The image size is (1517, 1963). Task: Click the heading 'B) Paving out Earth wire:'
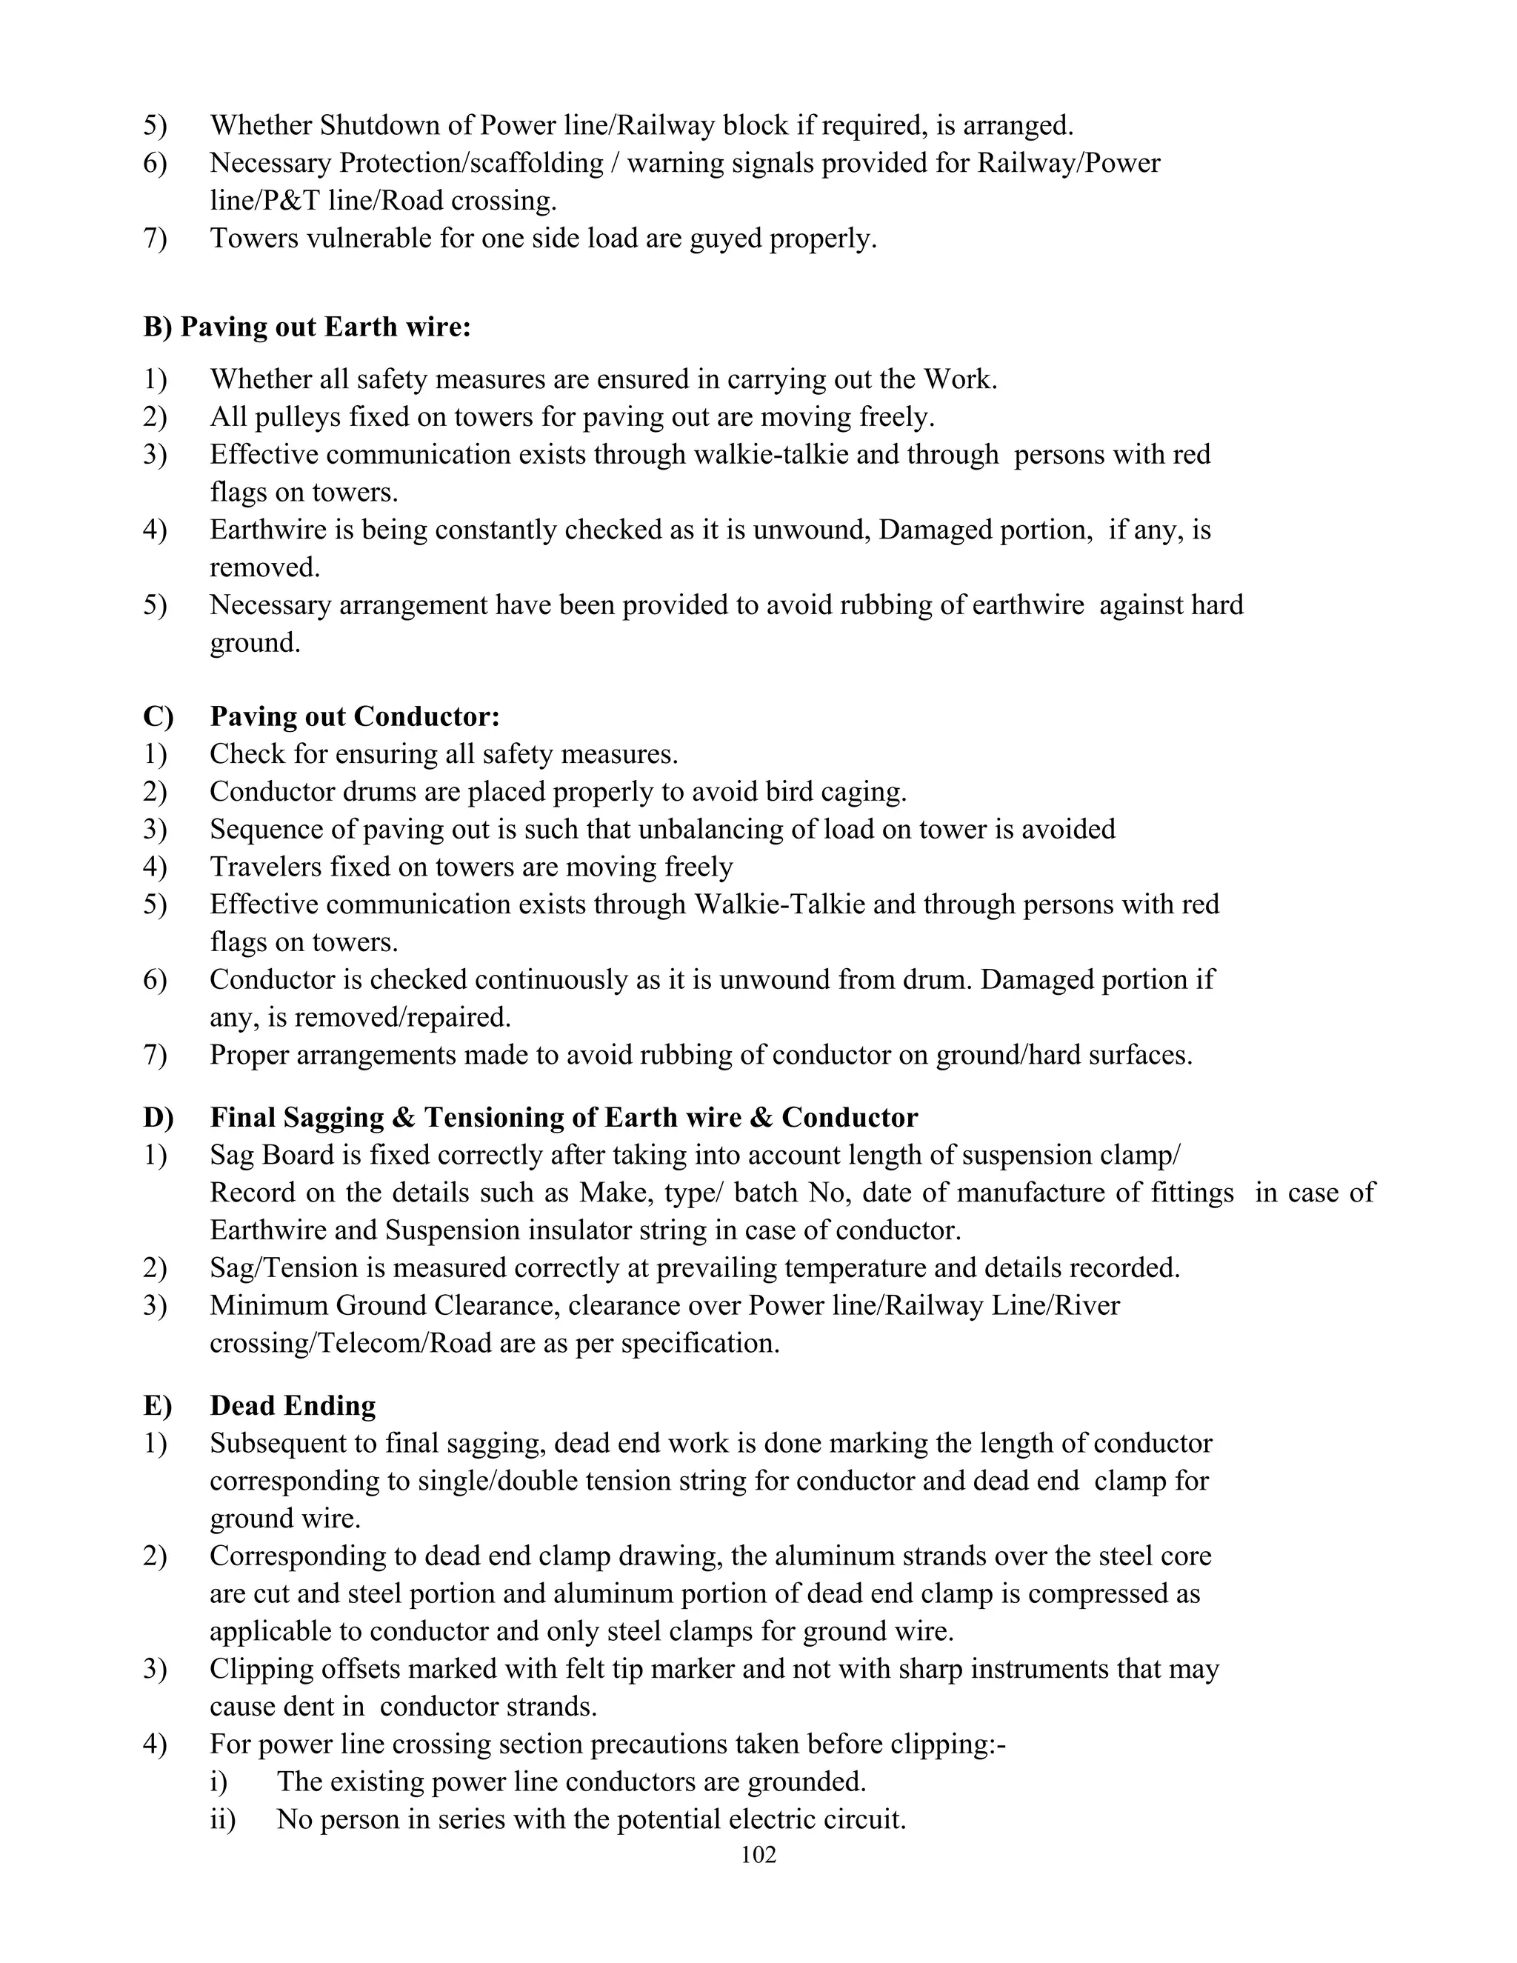tap(307, 327)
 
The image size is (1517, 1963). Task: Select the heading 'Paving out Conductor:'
tap(355, 716)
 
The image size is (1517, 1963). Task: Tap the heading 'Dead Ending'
tap(293, 1404)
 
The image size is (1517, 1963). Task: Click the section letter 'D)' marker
tap(159, 1117)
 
